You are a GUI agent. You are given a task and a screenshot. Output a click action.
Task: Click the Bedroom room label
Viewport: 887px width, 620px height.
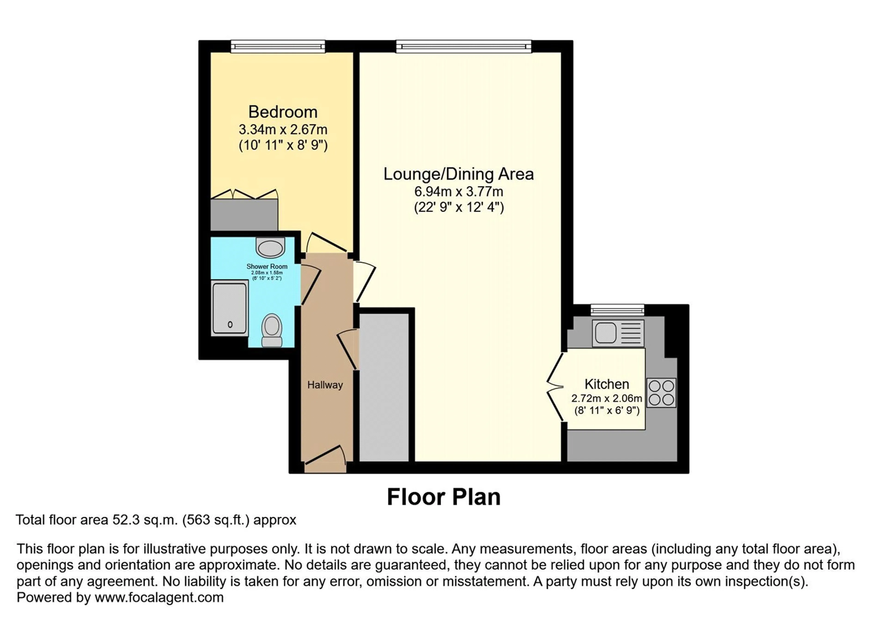(x=283, y=112)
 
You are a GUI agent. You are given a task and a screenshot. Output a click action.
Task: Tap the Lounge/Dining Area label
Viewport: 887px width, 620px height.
(x=459, y=174)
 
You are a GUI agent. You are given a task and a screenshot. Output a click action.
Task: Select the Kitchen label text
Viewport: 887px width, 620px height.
(x=607, y=384)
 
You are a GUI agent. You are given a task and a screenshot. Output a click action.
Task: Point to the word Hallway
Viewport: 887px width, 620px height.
(x=325, y=385)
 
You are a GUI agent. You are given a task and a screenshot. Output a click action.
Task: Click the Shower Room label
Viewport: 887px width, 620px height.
(x=267, y=266)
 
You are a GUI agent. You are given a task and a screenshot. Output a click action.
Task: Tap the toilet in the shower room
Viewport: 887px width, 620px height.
(x=272, y=330)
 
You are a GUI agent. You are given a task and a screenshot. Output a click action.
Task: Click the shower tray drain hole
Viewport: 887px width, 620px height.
(x=230, y=325)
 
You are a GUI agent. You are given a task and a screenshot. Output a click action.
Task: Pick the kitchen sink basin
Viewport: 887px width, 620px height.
(x=605, y=333)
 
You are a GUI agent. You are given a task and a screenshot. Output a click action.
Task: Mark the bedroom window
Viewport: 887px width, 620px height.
(x=278, y=46)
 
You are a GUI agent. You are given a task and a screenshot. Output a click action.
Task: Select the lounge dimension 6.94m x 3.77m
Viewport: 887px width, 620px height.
(x=459, y=191)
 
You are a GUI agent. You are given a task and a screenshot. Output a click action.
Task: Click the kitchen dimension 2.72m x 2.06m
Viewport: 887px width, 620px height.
(x=607, y=398)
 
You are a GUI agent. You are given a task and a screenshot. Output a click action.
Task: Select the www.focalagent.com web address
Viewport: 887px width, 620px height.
(x=159, y=598)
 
